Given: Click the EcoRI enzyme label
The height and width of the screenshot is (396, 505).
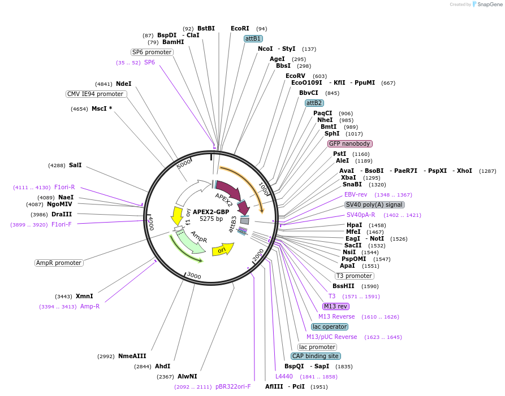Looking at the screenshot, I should (x=240, y=28).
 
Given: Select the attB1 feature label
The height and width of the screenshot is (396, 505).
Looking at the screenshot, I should (x=253, y=38).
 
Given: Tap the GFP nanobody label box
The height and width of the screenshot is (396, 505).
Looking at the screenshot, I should (x=349, y=143).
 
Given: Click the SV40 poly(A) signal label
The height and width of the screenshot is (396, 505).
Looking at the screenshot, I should (x=374, y=204).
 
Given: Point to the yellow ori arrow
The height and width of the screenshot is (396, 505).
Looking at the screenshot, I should (x=222, y=249).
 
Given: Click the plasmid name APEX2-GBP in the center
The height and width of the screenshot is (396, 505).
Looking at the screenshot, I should (x=211, y=212).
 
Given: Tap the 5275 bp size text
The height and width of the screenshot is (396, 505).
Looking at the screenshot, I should (x=211, y=219).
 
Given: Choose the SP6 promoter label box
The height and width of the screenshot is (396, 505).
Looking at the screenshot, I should (x=152, y=52).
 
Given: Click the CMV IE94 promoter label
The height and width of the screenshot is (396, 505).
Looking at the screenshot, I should (x=95, y=94).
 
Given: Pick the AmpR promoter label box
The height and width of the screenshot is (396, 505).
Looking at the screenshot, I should (x=59, y=263).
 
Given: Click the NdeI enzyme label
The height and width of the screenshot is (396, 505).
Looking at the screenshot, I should (x=124, y=84).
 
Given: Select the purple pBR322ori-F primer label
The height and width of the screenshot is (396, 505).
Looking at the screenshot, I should (x=233, y=387).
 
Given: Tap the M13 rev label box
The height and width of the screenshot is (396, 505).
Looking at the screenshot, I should (x=336, y=306).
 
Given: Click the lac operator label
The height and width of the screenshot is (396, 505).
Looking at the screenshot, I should (x=330, y=327).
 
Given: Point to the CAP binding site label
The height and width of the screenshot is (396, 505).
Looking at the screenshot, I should (x=316, y=356).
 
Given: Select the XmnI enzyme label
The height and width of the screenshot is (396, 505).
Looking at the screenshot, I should (x=84, y=296).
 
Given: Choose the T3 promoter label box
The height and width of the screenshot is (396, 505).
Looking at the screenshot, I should (x=354, y=276).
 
